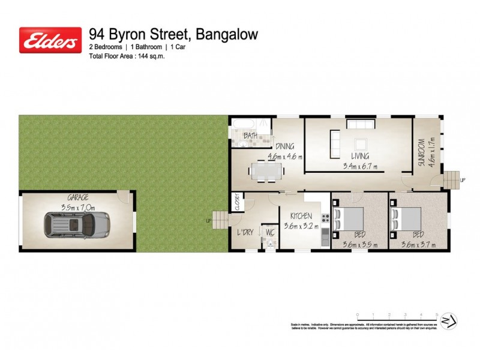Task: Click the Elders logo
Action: (x=50, y=40)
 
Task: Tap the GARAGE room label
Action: (x=78, y=197)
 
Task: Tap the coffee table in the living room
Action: (x=361, y=145)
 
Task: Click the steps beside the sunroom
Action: (x=451, y=179)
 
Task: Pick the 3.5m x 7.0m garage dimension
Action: (x=78, y=206)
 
